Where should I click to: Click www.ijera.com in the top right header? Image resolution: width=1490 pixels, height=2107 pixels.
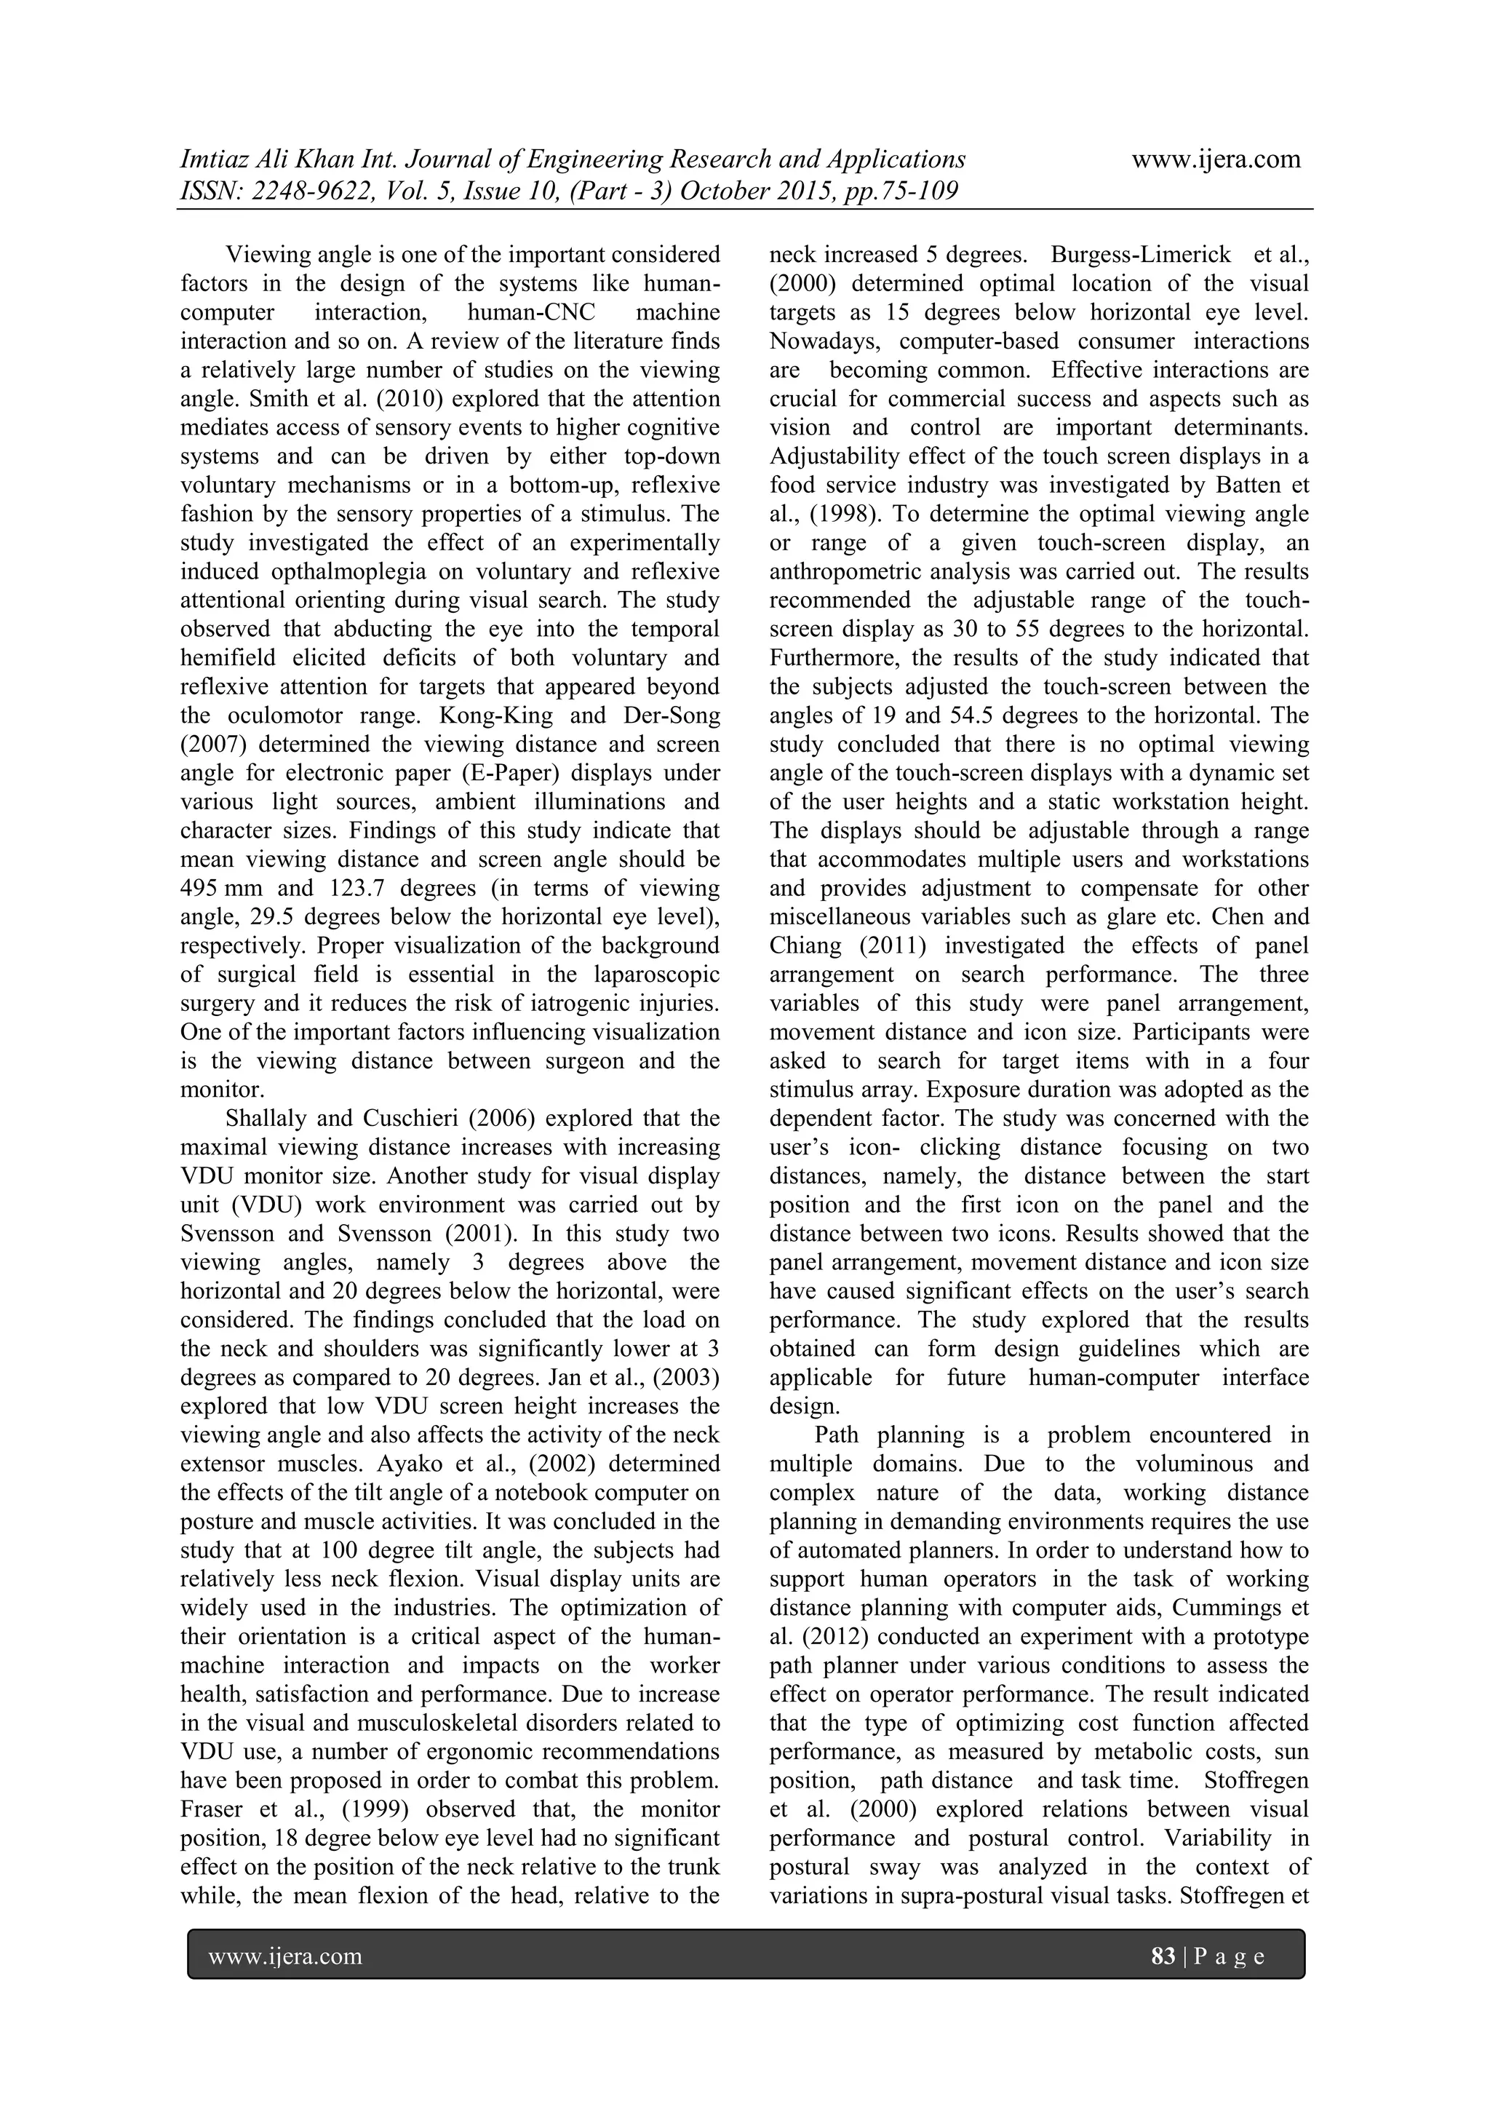(x=1216, y=159)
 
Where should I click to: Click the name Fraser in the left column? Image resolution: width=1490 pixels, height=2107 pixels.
(x=210, y=1809)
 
